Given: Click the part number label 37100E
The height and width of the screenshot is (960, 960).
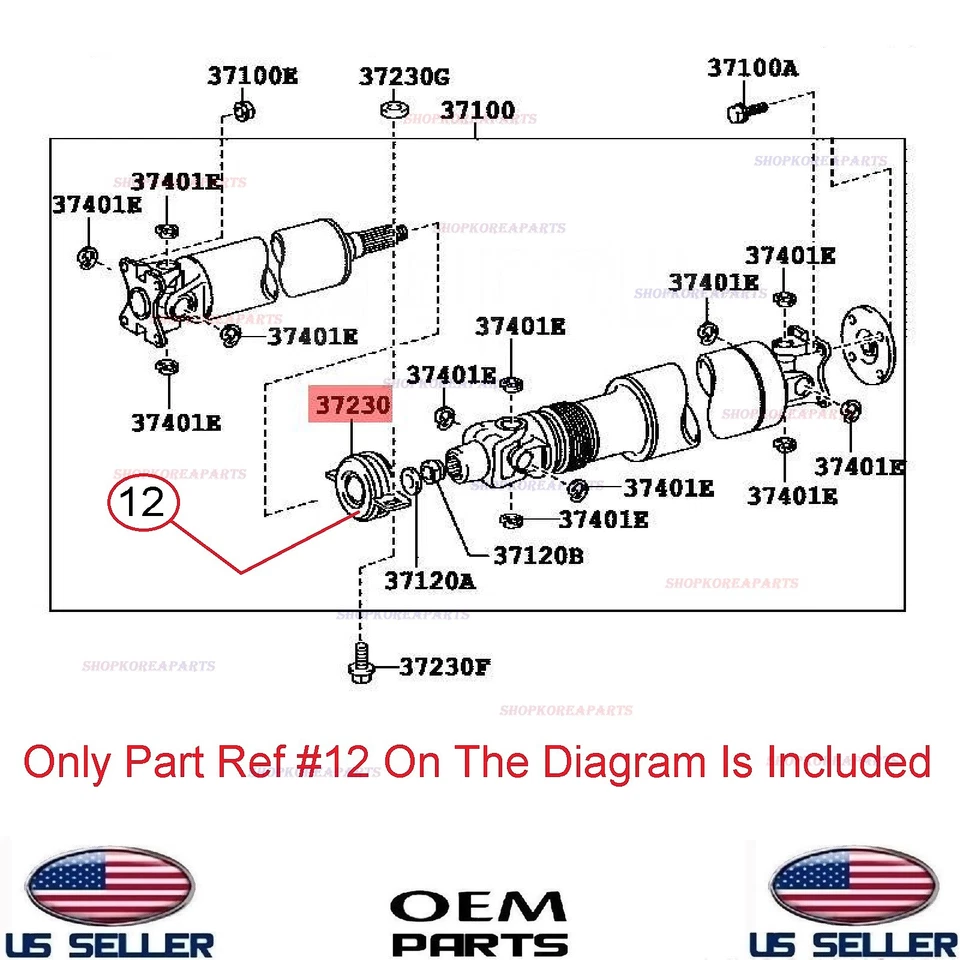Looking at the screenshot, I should tap(253, 75).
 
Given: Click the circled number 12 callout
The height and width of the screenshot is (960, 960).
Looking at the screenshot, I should tap(142, 501).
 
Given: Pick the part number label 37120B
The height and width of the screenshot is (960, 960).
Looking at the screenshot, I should tap(538, 554).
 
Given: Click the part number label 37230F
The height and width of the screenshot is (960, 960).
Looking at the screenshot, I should tap(445, 666).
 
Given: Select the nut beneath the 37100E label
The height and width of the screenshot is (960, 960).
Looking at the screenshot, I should tap(241, 109).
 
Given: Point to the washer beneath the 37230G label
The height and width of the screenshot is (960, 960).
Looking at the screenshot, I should tap(393, 107).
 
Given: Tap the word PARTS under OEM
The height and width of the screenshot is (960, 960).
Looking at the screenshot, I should tap(479, 942).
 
